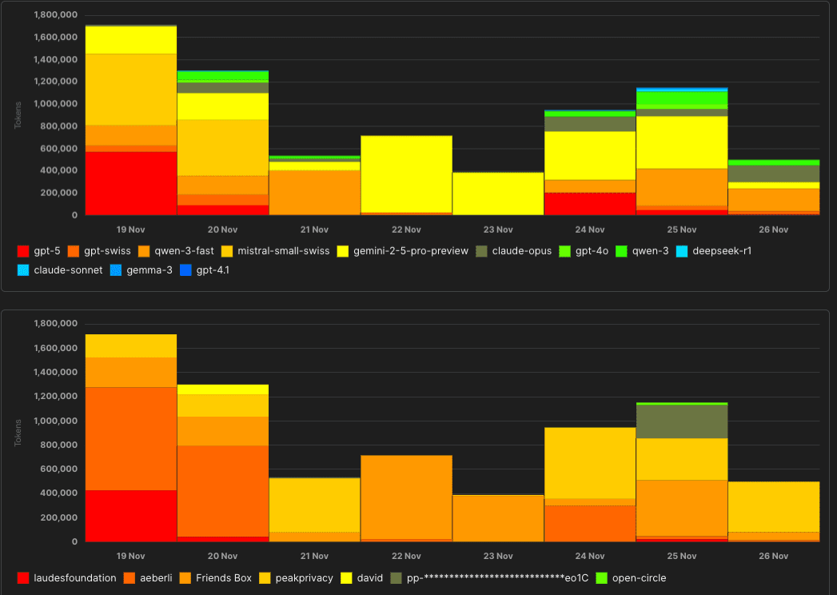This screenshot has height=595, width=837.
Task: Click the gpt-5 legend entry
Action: coord(40,251)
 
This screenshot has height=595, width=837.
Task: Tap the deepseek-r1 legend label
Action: coord(716,251)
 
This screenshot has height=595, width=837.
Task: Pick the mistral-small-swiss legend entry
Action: coord(277,251)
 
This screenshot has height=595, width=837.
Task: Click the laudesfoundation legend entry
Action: coord(67,578)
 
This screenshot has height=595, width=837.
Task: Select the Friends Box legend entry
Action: coord(216,578)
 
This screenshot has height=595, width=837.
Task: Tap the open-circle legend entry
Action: coord(631,578)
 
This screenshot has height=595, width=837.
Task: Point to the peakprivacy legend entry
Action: coord(296,578)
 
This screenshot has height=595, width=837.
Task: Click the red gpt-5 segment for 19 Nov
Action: coord(131,183)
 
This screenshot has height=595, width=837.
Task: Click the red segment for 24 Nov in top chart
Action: coord(590,204)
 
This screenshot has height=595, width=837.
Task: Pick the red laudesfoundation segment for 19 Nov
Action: coord(131,516)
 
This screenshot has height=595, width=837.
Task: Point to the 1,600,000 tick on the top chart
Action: coord(56,37)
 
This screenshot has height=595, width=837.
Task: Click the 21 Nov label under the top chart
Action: coord(314,230)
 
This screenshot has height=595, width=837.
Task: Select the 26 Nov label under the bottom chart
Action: coord(773,556)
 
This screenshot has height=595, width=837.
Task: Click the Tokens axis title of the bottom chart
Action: coord(18,433)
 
